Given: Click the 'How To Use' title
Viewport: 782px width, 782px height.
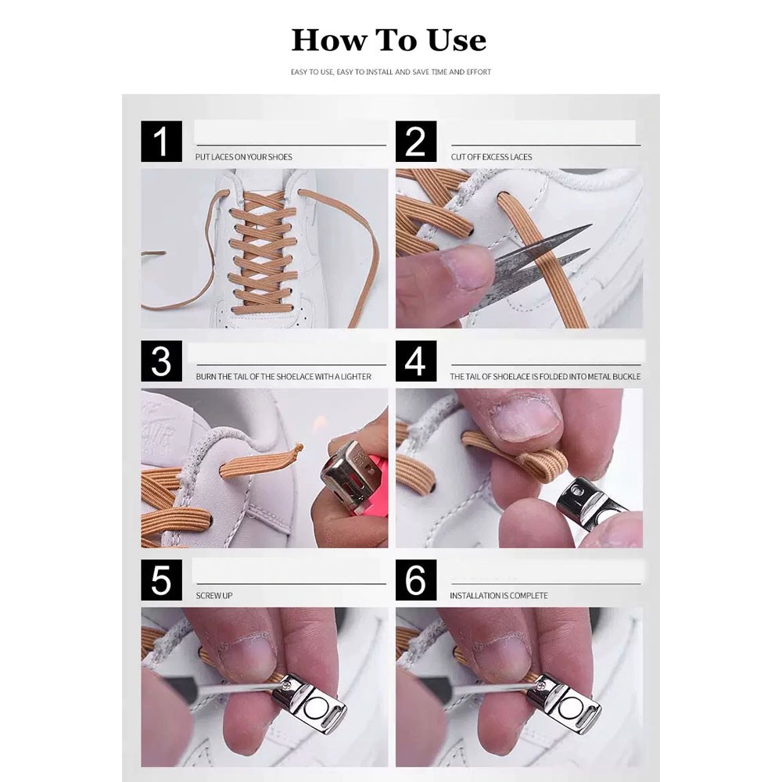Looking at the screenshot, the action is tap(389, 40).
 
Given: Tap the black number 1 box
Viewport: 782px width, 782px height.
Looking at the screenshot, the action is tap(161, 141).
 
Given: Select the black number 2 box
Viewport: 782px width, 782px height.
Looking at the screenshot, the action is tap(416, 141).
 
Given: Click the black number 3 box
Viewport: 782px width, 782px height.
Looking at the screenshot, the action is tap(161, 361).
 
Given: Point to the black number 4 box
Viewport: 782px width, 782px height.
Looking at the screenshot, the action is tap(416, 361).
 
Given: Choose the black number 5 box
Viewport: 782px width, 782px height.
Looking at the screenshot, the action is tap(161, 580).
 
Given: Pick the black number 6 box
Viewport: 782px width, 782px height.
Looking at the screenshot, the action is tap(416, 580).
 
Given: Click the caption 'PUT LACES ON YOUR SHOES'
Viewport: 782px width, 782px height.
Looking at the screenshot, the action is tap(244, 157).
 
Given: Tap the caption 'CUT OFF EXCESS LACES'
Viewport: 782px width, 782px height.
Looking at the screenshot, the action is tap(491, 157).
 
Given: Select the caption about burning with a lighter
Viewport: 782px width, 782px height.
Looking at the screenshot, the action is tap(283, 377).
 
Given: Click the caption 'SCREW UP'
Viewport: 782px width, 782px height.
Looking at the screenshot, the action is tap(214, 595).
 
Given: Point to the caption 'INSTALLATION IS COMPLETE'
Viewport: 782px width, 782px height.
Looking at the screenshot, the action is tap(499, 595).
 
